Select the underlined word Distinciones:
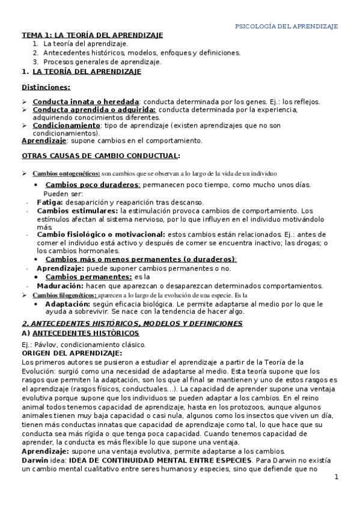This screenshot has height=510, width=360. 46,87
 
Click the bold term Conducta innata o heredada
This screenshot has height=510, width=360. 86,102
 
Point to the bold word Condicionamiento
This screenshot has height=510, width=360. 66,126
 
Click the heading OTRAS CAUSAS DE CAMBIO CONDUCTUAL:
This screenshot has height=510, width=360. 100,156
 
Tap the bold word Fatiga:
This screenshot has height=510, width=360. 50,202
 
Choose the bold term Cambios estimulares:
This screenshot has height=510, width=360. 78,211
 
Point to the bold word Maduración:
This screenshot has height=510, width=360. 61,286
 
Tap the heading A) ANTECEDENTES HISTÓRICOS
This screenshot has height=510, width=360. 80,333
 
